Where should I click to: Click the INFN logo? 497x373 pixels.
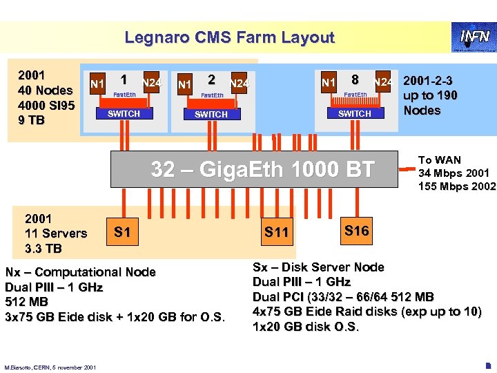[x=474, y=37]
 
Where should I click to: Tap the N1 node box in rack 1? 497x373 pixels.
[x=97, y=85]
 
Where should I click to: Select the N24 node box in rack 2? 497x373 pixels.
[x=239, y=84]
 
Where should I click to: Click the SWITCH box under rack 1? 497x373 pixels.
[x=125, y=114]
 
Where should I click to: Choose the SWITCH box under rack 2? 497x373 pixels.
[x=211, y=115]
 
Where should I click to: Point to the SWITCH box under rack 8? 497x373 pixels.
[x=355, y=114]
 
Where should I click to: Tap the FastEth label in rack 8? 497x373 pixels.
[x=355, y=95]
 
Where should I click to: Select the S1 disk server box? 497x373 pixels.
[x=122, y=232]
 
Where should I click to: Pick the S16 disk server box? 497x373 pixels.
[x=356, y=231]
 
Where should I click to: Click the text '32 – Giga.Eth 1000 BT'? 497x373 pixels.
[x=263, y=169]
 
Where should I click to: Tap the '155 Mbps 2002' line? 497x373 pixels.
[x=456, y=186]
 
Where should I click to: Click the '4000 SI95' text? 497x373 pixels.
[x=48, y=105]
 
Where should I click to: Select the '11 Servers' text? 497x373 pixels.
[x=56, y=233]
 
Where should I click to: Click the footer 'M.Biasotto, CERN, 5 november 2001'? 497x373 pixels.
[x=50, y=366]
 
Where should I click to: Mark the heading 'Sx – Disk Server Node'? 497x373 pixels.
[x=318, y=267]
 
